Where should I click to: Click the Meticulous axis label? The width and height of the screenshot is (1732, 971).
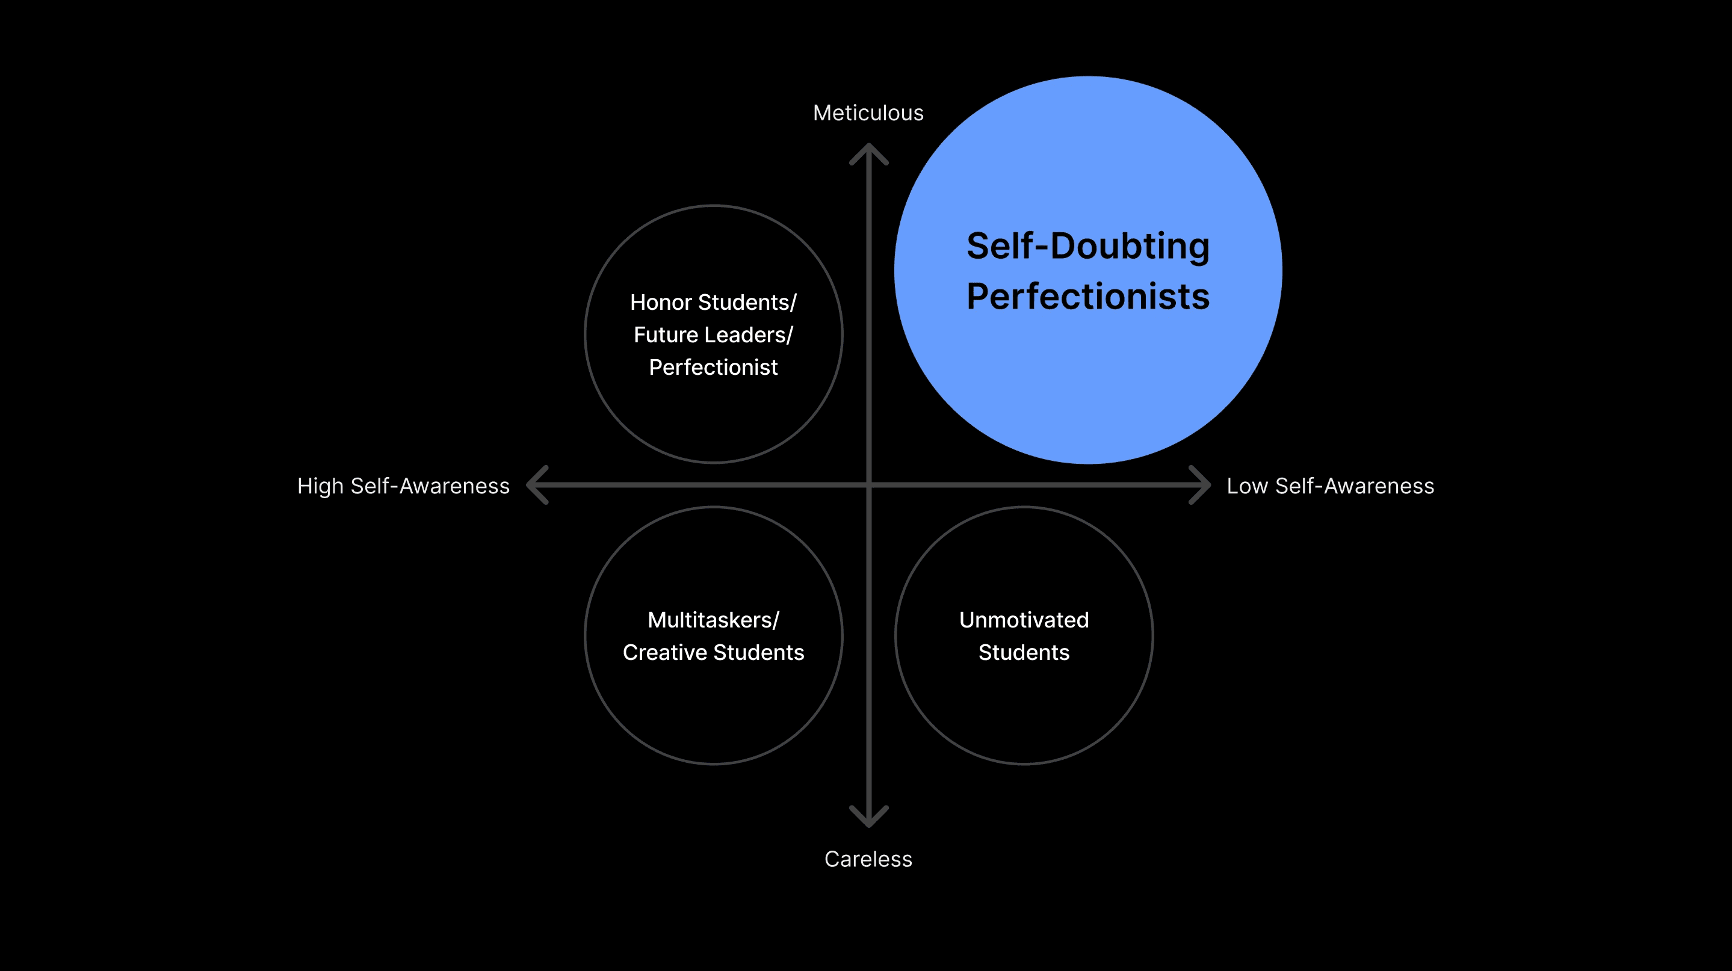[868, 113]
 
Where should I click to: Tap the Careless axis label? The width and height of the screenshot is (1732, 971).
[868, 858]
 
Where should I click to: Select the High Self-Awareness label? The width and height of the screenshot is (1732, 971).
[403, 486]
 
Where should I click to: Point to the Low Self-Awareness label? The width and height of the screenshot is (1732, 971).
[1330, 486]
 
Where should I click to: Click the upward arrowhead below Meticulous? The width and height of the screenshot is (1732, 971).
[868, 153]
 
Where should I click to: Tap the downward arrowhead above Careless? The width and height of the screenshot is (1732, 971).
[868, 817]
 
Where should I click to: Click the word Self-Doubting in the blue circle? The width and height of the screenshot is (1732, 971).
[1088, 246]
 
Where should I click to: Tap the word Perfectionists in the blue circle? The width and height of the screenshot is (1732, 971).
[1088, 297]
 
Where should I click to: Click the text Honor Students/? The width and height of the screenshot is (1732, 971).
[713, 303]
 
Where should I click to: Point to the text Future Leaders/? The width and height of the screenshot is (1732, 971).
[713, 334]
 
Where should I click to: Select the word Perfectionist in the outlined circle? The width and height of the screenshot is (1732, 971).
[713, 368]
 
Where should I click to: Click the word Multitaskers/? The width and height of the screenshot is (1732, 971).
[713, 620]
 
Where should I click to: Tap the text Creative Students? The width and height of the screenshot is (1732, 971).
[713, 653]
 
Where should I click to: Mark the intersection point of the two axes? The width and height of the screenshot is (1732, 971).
[868, 484]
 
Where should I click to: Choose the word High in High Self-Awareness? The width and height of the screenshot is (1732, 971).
[320, 486]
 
